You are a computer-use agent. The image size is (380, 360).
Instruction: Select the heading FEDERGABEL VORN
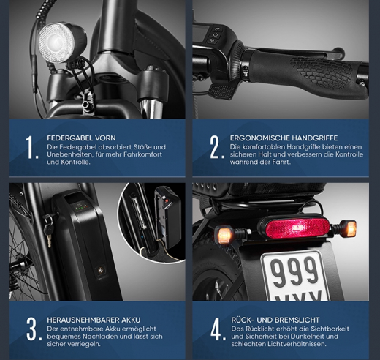click(x=80, y=138)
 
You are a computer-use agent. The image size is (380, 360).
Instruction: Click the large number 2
click(x=216, y=147)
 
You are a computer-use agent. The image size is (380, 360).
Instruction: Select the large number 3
click(x=31, y=329)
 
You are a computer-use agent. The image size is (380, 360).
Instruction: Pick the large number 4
click(x=217, y=329)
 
